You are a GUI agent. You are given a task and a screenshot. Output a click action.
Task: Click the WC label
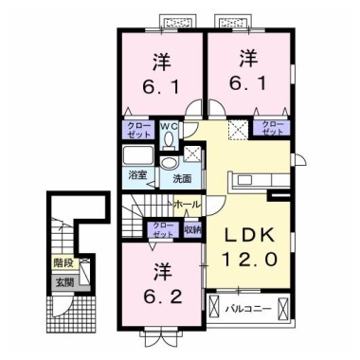[171, 127]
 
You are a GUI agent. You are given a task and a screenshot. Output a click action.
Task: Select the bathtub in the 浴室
[138, 155]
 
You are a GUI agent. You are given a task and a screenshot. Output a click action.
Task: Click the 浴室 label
[138, 175]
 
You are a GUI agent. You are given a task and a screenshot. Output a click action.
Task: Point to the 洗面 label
[182, 179]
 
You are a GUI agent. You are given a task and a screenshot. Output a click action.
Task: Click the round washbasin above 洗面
[170, 163]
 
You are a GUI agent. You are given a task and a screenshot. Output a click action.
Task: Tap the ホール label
[188, 205]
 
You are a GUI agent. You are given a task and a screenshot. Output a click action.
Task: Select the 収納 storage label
[193, 229]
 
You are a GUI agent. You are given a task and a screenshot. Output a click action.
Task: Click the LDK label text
[249, 236]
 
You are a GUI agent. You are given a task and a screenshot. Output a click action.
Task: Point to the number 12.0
[249, 260]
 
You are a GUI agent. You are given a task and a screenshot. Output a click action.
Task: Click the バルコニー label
[248, 309]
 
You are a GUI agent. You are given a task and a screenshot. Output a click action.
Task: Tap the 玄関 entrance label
[65, 282]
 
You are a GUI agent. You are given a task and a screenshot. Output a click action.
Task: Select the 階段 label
[63, 262]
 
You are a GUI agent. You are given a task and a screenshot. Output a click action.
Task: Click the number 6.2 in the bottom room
[163, 297]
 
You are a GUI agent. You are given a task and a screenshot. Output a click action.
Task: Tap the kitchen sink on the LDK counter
[245, 180]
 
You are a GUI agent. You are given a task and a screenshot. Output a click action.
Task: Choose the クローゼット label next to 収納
[163, 229]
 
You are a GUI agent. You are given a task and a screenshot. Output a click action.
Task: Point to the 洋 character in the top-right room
[248, 59]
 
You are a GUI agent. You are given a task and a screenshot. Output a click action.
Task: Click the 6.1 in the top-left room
[161, 86]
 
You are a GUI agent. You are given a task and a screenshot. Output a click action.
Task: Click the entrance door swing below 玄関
[61, 306]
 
